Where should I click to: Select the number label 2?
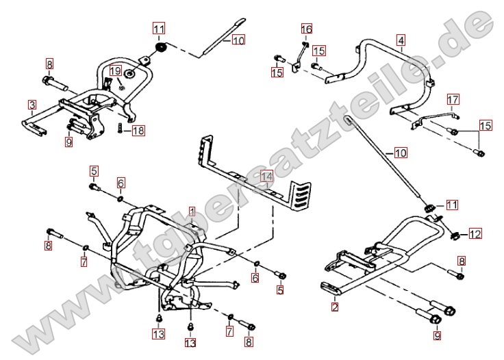pos(335,307)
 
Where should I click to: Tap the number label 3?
pos(32,105)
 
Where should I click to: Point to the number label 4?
pos(401,40)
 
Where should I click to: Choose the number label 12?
pos(475,235)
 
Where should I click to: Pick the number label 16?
pos(307,29)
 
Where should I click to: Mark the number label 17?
pos(453,101)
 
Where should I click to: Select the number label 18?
pos(138,131)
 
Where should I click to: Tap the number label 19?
pos(115,70)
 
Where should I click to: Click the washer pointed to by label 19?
pos(121,86)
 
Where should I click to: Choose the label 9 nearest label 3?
pos(68,142)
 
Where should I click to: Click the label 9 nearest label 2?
pos(438,336)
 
